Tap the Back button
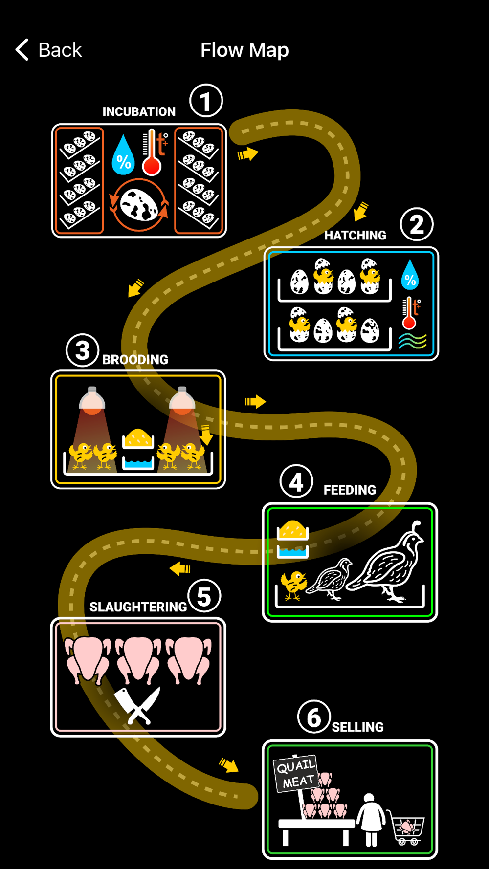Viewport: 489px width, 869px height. pyautogui.click(x=48, y=50)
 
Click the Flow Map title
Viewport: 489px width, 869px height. pyautogui.click(x=244, y=50)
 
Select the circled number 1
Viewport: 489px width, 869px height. pyautogui.click(x=206, y=101)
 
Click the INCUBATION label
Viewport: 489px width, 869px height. pyautogui.click(x=139, y=112)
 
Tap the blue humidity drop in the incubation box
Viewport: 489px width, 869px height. pyautogui.click(x=123, y=156)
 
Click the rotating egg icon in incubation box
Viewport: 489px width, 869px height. pyautogui.click(x=139, y=204)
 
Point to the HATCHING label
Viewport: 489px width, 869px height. pyautogui.click(x=355, y=236)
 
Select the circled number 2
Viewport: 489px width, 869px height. pyautogui.click(x=417, y=225)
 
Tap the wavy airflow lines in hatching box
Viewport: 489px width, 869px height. pyautogui.click(x=412, y=341)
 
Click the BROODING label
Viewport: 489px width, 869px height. pyautogui.click(x=135, y=360)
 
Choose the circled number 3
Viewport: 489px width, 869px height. pyautogui.click(x=83, y=350)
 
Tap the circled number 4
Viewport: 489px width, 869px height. pyautogui.click(x=296, y=482)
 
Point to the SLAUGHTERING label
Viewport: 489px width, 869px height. pyautogui.click(x=138, y=607)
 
